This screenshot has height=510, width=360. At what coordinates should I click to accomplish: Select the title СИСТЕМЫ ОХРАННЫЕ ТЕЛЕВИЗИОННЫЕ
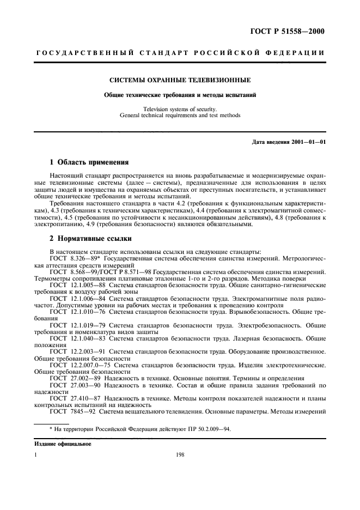(180, 80)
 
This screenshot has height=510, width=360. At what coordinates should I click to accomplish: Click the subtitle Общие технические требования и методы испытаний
(180, 95)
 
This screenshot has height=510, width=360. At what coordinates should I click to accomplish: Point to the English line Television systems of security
(180, 109)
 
